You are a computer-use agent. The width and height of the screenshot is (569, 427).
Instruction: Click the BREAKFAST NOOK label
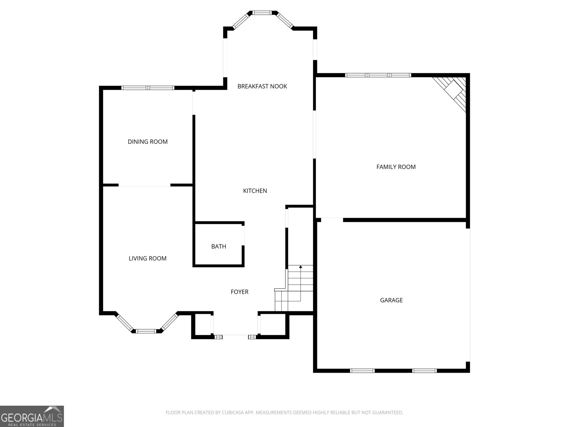click(262, 86)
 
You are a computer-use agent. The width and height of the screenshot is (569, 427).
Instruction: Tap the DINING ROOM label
click(148, 142)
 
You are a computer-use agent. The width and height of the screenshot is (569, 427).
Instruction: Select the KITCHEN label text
click(255, 191)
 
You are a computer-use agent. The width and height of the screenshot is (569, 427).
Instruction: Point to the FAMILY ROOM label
click(396, 167)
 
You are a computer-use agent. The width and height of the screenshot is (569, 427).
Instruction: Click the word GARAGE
click(391, 300)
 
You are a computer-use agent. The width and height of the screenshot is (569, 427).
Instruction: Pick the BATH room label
click(218, 246)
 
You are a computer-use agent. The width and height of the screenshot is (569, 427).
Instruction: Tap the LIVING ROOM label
click(148, 258)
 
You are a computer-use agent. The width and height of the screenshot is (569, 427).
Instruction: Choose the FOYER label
click(239, 292)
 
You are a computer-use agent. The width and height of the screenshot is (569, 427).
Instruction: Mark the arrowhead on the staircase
click(301, 267)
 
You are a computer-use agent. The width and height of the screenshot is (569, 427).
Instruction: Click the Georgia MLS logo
click(32, 416)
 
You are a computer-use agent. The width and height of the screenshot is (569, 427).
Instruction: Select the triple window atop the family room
click(378, 75)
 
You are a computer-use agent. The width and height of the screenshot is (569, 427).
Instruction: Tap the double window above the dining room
click(148, 88)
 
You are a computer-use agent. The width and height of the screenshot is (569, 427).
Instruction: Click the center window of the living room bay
click(146, 331)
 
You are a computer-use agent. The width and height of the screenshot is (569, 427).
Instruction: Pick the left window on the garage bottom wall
click(362, 371)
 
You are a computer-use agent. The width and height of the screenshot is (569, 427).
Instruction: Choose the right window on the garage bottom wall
click(424, 371)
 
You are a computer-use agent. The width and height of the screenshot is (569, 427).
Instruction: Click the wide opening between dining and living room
click(144, 185)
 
